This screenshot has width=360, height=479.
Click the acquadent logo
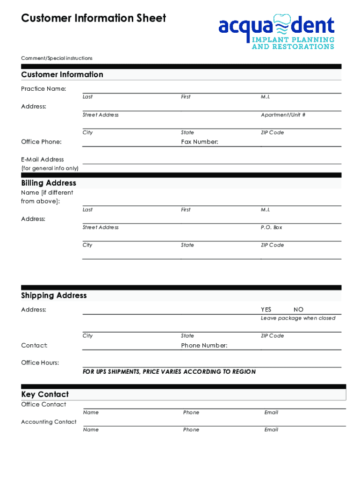point(276,31)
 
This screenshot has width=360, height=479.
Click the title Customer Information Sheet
point(94,18)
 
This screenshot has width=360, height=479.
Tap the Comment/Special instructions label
point(57,58)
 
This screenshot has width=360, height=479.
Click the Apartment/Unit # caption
point(283,115)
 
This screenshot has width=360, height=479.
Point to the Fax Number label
point(200,142)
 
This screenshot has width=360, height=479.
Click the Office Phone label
point(41,142)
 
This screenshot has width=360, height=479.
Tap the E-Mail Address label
point(43,160)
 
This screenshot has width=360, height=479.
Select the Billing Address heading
point(49,183)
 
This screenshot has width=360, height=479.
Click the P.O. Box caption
point(271,227)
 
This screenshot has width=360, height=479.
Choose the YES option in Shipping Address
point(266,310)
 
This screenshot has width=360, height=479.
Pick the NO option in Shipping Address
point(298,310)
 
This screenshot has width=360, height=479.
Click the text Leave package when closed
point(298,318)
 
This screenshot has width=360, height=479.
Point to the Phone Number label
point(204,346)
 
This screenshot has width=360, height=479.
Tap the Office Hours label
point(40,363)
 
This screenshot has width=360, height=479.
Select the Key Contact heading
point(45,394)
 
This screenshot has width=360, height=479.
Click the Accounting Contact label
point(49,422)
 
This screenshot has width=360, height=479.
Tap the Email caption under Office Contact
point(271,413)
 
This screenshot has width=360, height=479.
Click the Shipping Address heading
point(54,296)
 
